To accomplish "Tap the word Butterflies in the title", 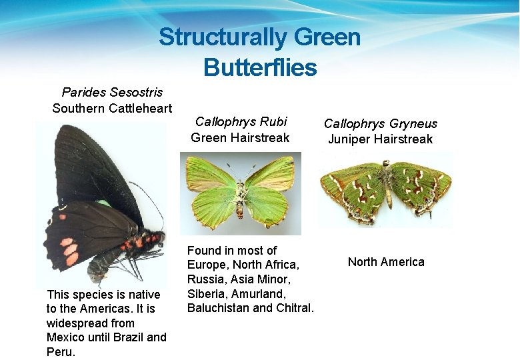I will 260,67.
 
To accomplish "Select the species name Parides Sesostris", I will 112,92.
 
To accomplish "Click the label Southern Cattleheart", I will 112,108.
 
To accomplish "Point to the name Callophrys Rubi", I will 241,121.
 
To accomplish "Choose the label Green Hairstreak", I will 240,138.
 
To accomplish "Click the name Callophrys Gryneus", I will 380,123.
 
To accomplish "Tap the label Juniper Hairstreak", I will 380,139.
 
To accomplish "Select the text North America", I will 386,262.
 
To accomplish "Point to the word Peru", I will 61,351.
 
